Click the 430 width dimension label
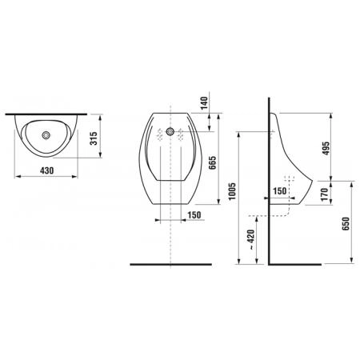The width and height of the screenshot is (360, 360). pos(47,170)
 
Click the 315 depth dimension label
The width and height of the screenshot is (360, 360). pos(94,138)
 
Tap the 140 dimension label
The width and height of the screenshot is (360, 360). pos(204,103)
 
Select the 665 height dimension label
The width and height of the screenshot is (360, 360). pos(212,162)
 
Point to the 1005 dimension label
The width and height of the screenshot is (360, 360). pos(232,191)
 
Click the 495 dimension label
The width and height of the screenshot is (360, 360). pos(326,148)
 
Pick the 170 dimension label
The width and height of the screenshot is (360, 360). pos(325,194)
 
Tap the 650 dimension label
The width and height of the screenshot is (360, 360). pos(346,224)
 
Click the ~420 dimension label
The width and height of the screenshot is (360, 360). pos(251,239)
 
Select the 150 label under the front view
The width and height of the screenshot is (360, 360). pos(194,215)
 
